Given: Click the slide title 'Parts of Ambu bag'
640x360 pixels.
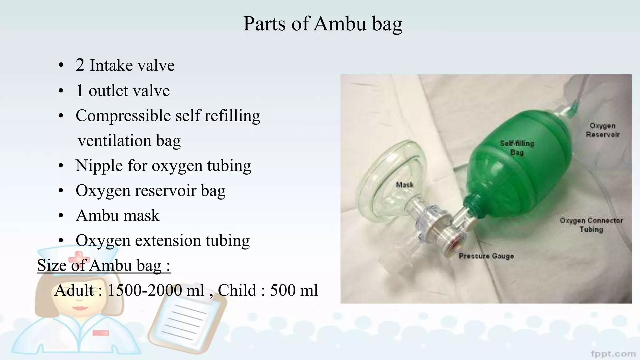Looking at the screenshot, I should (322, 24).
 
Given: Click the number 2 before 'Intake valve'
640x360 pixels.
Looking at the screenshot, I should (80, 65).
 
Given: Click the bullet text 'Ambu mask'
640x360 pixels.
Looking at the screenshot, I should (117, 216).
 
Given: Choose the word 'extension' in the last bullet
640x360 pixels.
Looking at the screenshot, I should (168, 241).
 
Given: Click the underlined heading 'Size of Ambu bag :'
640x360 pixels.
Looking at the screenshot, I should (103, 266).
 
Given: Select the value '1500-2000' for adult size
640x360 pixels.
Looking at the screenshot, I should (156, 291).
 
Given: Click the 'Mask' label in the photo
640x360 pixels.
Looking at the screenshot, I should (405, 185).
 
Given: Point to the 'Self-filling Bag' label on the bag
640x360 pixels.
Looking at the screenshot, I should (517, 148).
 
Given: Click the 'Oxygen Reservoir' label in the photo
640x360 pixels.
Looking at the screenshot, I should (602, 130).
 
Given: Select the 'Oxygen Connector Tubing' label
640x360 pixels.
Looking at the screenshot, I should (591, 225).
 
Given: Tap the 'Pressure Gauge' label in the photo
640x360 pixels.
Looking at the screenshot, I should (486, 256).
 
